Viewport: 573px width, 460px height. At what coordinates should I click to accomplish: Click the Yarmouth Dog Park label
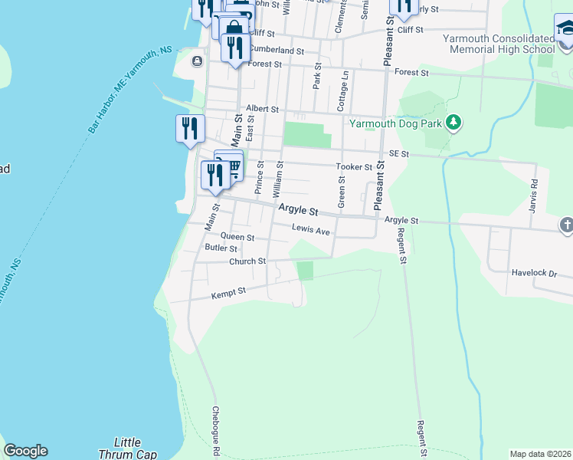pos(397,123)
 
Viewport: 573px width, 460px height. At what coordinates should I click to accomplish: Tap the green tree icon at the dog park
pos(453,122)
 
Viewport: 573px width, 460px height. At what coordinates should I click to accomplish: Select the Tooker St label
pos(354,167)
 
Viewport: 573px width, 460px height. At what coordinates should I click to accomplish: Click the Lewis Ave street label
pos(310,228)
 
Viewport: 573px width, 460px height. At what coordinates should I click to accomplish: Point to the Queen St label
pos(237,238)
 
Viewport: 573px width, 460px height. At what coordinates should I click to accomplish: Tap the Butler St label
pos(221,248)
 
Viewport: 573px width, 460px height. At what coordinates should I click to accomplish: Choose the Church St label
pos(247,261)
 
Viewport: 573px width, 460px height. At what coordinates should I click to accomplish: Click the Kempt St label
pos(229,292)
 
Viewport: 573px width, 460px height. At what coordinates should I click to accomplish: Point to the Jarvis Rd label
pos(535,192)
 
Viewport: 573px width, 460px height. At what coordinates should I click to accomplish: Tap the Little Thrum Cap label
pos(127,449)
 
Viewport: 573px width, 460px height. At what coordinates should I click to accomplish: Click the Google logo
pos(25,451)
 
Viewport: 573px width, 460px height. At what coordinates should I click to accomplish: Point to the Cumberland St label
pos(277,50)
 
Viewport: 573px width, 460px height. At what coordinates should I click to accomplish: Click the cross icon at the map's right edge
pos(566,225)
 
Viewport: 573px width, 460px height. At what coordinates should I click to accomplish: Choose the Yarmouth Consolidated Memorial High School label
pos(499,44)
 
